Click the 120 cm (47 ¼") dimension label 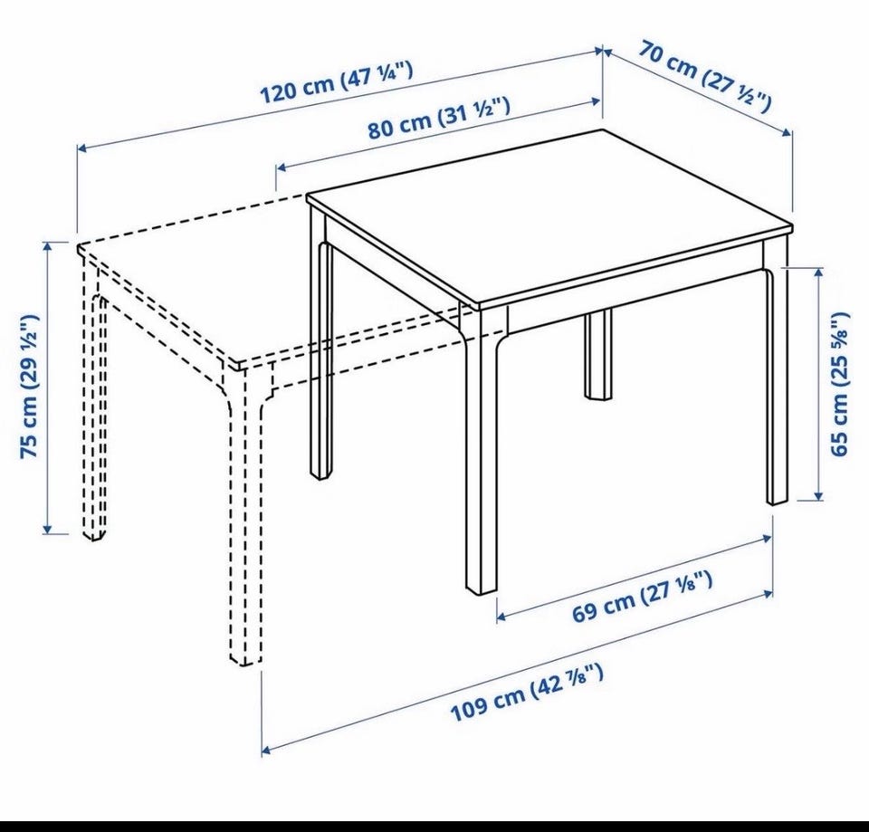coord(337,82)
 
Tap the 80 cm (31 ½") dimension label coord(439,118)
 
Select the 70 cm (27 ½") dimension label coord(705,75)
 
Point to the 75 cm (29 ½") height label coord(29,387)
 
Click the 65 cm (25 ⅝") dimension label coord(840,384)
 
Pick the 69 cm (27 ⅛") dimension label coord(642,597)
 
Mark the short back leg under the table coord(598,355)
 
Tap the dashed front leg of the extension coord(244,515)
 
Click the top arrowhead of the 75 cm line coord(48,247)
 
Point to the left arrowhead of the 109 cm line coord(266,750)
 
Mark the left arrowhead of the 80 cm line coord(281,167)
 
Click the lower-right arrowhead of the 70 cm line coord(787,132)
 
